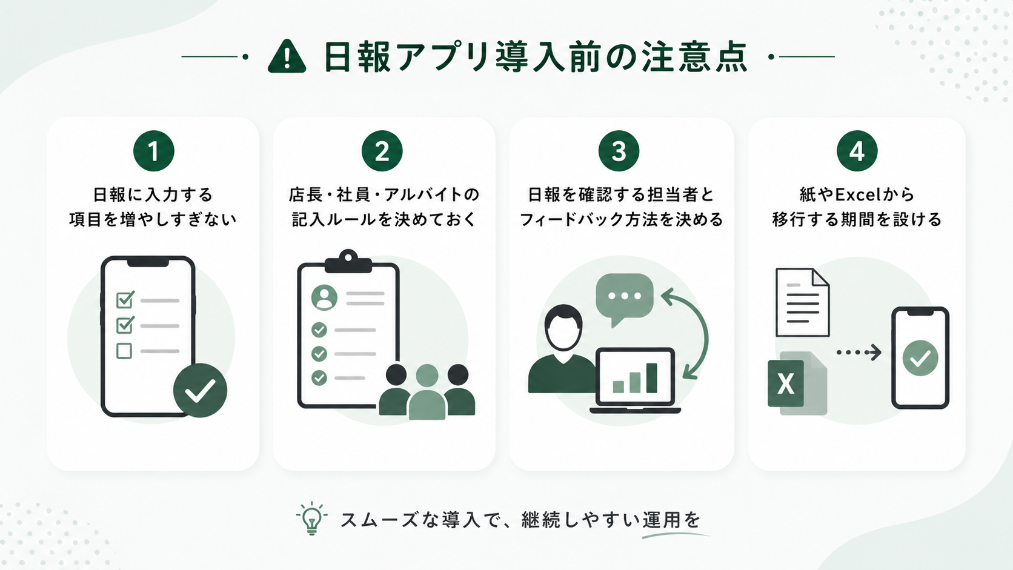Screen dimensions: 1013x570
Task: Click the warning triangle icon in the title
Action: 287,57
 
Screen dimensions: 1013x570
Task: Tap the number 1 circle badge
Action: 154,151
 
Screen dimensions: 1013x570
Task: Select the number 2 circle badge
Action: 382,151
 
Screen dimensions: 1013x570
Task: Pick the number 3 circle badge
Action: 619,151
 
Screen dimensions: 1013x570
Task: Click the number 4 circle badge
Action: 857,151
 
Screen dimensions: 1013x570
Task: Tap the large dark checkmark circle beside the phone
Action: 201,390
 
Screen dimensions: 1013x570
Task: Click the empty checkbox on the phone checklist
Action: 124,351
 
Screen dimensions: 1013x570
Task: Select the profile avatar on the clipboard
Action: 324,297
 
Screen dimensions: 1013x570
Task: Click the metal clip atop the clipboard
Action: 348,261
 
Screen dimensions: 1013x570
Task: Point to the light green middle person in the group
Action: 427,392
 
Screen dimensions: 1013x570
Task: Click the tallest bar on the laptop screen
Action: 652,378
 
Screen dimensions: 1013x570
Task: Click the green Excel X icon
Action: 786,383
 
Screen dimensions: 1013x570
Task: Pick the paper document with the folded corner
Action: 803,302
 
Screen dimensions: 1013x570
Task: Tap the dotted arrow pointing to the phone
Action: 859,353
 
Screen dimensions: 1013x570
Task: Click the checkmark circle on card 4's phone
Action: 920,358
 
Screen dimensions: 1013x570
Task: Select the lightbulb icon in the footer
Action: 311,519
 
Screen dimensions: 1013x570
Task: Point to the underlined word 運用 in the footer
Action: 662,520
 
